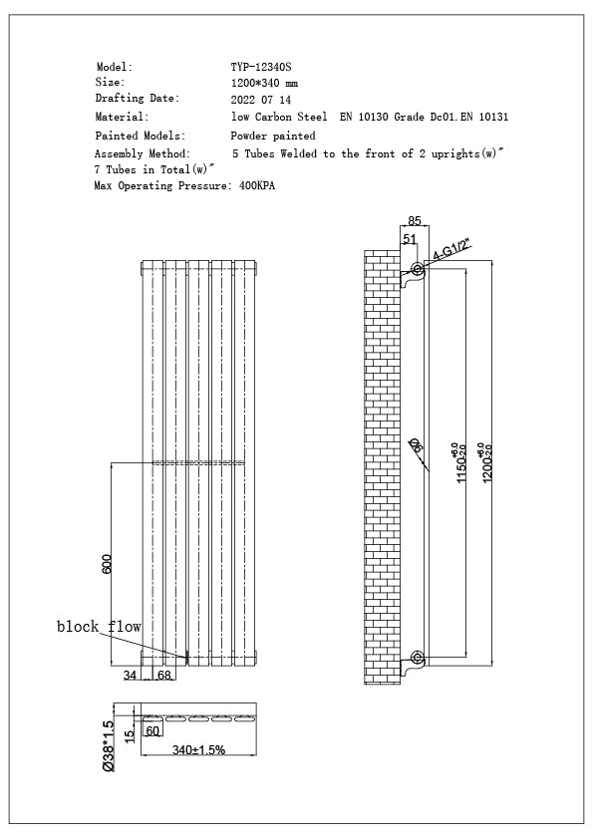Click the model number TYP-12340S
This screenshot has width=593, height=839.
coord(262,67)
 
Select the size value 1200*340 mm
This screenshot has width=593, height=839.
coord(264,84)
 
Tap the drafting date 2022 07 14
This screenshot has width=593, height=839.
coord(261,101)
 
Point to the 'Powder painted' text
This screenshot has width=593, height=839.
coord(273,136)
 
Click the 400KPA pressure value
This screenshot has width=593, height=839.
coord(257,186)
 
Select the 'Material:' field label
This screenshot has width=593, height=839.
coord(122,118)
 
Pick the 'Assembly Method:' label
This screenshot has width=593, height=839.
coord(143,154)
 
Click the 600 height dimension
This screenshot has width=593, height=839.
coord(107,564)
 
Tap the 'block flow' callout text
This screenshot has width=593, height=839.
coord(98,627)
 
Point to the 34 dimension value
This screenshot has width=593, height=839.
coord(131,677)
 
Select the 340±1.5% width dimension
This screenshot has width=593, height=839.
coord(198,749)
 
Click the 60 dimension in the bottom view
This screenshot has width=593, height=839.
coord(152,730)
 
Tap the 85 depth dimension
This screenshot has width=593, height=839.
coord(415,221)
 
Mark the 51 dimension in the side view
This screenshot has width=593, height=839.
coord(410,239)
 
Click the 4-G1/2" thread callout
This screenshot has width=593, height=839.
coord(450,249)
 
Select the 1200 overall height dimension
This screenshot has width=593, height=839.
coord(485,462)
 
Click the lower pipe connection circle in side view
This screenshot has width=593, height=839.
coord(417,658)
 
